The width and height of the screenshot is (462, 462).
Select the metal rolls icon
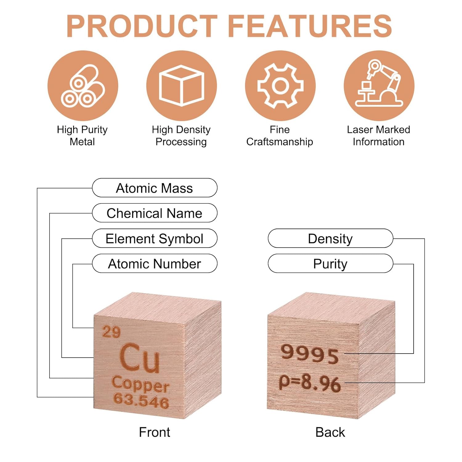click(x=83, y=86)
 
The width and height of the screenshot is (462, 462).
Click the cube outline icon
click(x=181, y=86)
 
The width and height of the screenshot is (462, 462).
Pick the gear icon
click(x=280, y=86)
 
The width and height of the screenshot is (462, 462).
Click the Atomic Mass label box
click(x=155, y=188)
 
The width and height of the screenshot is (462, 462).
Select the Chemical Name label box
click(x=155, y=213)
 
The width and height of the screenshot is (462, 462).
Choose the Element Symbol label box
click(x=155, y=238)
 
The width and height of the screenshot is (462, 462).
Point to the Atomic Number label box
click(x=155, y=264)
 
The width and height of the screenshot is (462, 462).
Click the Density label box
click(x=330, y=238)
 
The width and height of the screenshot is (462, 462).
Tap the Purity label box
click(x=330, y=264)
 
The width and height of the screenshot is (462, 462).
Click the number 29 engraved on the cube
click(x=111, y=332)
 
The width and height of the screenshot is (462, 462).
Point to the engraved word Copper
click(x=140, y=384)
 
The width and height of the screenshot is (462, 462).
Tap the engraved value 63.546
click(x=141, y=400)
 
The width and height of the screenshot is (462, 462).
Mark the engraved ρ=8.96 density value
click(x=310, y=383)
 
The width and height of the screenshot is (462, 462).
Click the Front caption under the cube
click(x=154, y=432)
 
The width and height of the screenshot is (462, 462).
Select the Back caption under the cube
click(x=330, y=432)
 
